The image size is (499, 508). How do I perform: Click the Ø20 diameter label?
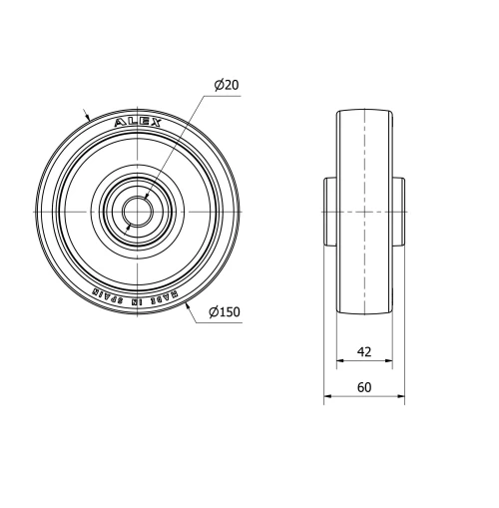coord(226,86)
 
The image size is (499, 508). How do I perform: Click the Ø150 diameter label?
coord(225,312)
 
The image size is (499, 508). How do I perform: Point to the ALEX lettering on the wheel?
coord(132,123)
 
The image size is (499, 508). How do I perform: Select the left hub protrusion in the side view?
coord(329,213)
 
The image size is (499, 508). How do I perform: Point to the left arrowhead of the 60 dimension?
coord(327,397)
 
